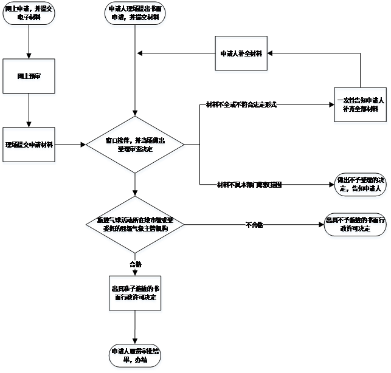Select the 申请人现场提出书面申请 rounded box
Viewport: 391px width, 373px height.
136,15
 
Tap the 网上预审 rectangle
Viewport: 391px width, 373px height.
29,78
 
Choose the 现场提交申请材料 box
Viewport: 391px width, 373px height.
29,146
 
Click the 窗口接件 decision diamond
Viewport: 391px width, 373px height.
136,146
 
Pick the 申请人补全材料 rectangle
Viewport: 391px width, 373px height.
241,55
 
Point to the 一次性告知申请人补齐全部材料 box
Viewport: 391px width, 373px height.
361,106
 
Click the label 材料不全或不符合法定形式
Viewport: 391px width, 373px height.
241,104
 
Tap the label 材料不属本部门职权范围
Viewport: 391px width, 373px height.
249,185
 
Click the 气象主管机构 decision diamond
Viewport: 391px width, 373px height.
136,225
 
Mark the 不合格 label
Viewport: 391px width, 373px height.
254,225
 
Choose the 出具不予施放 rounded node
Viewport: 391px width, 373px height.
355,225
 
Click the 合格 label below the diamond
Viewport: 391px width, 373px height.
135,264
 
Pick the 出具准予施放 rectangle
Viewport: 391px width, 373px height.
136,294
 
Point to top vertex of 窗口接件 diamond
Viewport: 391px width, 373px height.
136,118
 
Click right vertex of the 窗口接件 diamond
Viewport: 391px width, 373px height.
186,146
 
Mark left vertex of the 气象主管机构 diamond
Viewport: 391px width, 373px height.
86,225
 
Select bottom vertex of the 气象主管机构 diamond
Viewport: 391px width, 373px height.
136,256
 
